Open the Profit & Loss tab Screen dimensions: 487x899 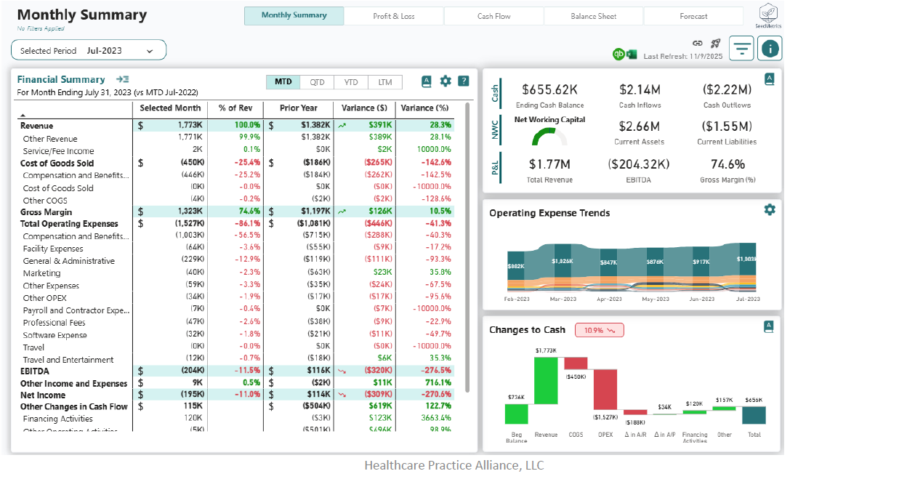(x=394, y=16)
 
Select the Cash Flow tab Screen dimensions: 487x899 (x=493, y=16)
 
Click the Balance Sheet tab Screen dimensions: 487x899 (x=593, y=16)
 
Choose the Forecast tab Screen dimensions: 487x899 (x=693, y=16)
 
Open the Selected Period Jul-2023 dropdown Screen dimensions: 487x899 (x=89, y=50)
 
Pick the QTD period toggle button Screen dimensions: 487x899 (x=317, y=82)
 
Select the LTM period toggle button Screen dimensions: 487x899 (x=385, y=82)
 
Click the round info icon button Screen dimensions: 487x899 (x=769, y=49)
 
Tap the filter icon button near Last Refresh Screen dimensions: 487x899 (x=741, y=49)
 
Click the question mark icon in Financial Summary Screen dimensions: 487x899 (x=464, y=81)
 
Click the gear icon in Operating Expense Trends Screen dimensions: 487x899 (x=770, y=209)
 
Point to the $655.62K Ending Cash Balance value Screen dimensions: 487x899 (x=549, y=89)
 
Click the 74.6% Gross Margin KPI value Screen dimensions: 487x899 (x=727, y=164)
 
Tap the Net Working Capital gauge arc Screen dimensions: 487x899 (x=549, y=136)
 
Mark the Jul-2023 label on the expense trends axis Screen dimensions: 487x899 (x=747, y=299)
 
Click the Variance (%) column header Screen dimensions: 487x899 (x=424, y=108)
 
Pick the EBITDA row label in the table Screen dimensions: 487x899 (x=34, y=371)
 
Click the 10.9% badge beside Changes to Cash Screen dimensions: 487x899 (x=599, y=330)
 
